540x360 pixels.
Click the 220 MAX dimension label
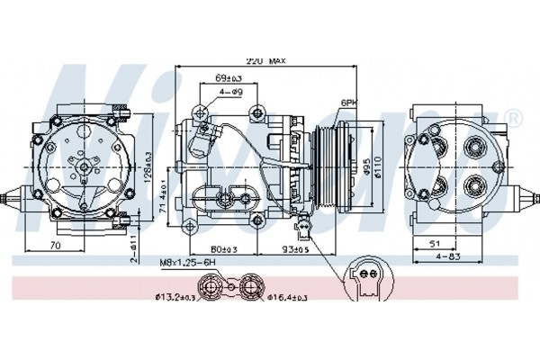(265, 61)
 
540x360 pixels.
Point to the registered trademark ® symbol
(514, 117)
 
